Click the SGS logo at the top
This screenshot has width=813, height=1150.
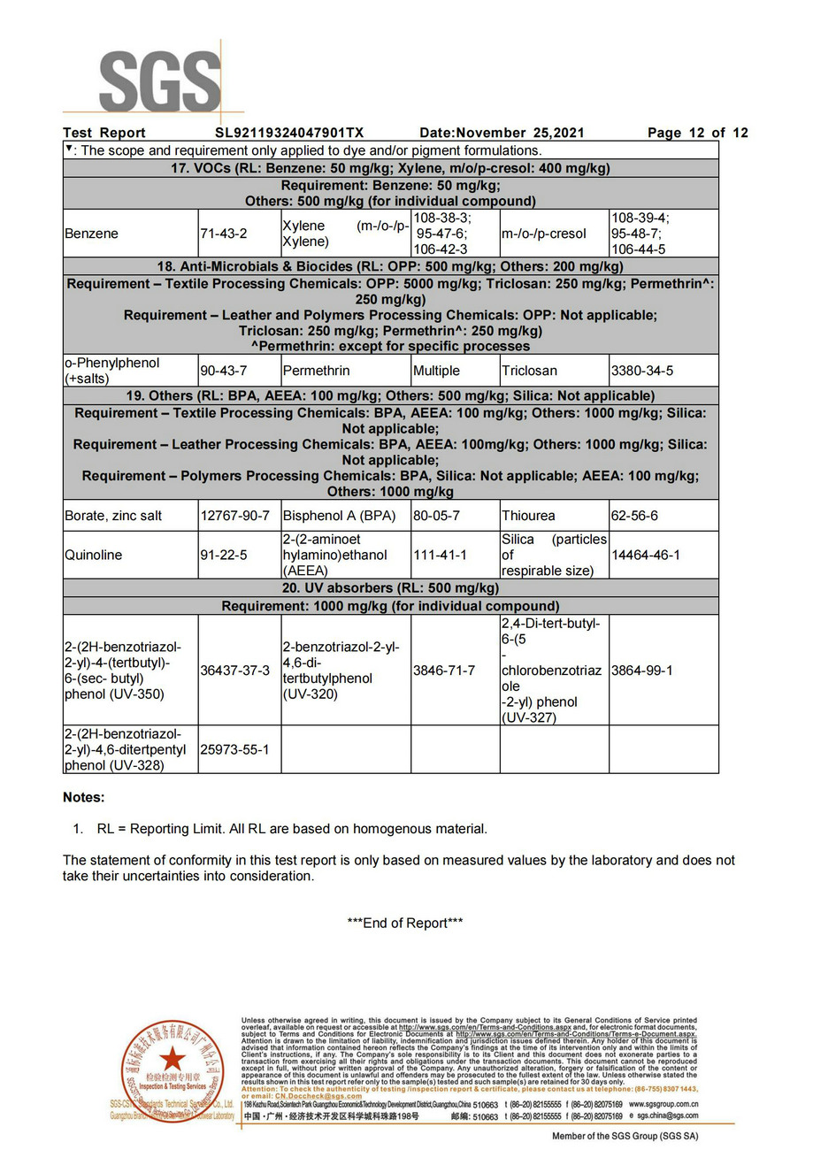[x=160, y=81]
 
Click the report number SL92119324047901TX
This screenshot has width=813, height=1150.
[x=289, y=133]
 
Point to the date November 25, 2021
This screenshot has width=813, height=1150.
[x=502, y=133]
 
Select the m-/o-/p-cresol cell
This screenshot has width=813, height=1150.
[x=543, y=234]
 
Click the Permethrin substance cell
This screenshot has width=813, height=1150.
[x=316, y=371]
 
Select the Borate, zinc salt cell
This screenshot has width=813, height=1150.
[x=113, y=515]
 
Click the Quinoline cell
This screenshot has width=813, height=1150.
[x=93, y=555]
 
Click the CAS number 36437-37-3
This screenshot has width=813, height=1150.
[x=234, y=671]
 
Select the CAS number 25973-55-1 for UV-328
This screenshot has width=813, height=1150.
[x=234, y=749]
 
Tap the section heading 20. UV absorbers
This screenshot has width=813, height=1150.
[x=390, y=588]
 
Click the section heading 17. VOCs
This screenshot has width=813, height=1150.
[x=390, y=168]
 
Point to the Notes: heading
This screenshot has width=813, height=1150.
[x=83, y=797]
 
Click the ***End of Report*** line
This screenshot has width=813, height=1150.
[x=405, y=923]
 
